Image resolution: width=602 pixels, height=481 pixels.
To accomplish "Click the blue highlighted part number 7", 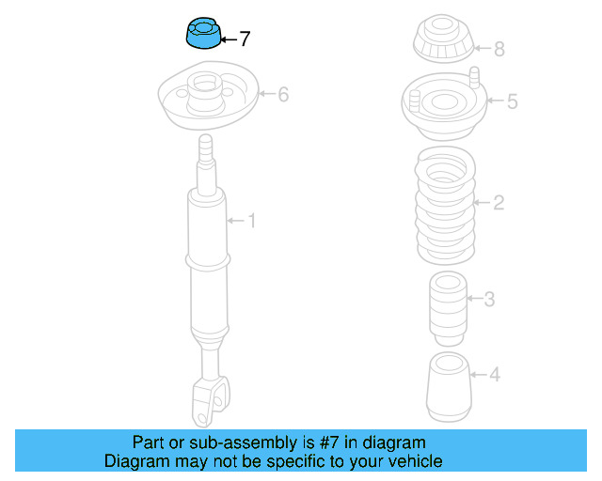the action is (x=203, y=34).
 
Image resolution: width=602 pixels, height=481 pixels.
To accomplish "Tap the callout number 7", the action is (x=245, y=39).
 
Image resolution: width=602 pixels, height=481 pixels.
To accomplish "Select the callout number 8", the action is (x=499, y=49).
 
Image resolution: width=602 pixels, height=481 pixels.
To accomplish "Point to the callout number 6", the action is (x=283, y=94).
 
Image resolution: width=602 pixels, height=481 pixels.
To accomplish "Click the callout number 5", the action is (x=512, y=101).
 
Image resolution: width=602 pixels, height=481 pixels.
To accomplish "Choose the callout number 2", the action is (x=499, y=203).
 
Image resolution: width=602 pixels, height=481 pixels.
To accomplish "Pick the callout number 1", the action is (x=252, y=221).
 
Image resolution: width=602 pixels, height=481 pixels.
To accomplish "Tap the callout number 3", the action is (x=489, y=299).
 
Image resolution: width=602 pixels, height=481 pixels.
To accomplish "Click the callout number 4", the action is (x=495, y=374).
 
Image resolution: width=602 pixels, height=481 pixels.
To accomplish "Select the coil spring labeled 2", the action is (x=445, y=205).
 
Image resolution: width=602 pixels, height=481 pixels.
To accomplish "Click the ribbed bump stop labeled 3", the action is (x=448, y=309).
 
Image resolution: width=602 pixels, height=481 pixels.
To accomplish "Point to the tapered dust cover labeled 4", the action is (x=449, y=387).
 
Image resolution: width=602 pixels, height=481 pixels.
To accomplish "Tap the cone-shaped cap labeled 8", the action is (x=443, y=39).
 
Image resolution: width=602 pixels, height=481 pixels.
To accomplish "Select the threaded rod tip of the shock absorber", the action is (x=206, y=147).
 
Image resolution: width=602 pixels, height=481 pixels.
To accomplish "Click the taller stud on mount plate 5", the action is (x=474, y=77).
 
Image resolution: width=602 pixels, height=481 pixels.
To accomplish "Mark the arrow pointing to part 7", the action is (x=230, y=39).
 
